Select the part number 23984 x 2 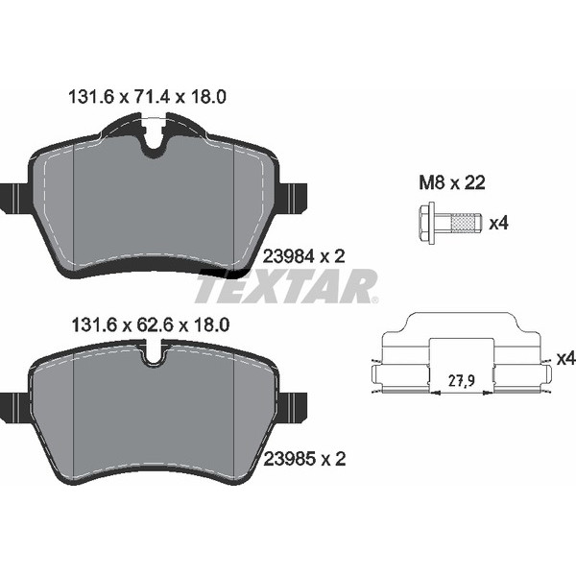click(303, 255)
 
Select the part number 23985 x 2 click(303, 461)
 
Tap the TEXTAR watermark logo click(287, 286)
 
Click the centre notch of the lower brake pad click(154, 360)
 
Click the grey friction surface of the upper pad click(154, 206)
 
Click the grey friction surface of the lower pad click(154, 413)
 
